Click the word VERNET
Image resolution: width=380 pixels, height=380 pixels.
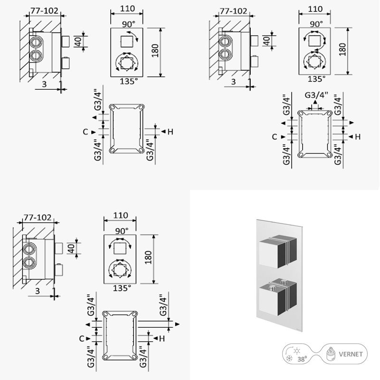pyautogui.click(x=351, y=354)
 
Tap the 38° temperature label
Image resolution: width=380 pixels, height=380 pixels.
pyautogui.click(x=302, y=359)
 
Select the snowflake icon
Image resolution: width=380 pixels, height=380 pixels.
pyautogui.click(x=289, y=359)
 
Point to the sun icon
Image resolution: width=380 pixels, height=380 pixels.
pyautogui.click(x=296, y=351)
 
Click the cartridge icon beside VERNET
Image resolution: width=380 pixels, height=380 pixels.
pyautogui.click(x=330, y=354)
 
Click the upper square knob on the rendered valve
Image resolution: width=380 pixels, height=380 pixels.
pyautogui.click(x=278, y=252)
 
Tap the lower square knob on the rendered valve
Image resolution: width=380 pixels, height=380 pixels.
pyautogui.click(x=278, y=298)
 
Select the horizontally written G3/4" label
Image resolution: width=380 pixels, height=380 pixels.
pyautogui.click(x=316, y=95)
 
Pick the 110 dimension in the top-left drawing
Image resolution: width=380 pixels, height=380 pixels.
pyautogui.click(x=127, y=9)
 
